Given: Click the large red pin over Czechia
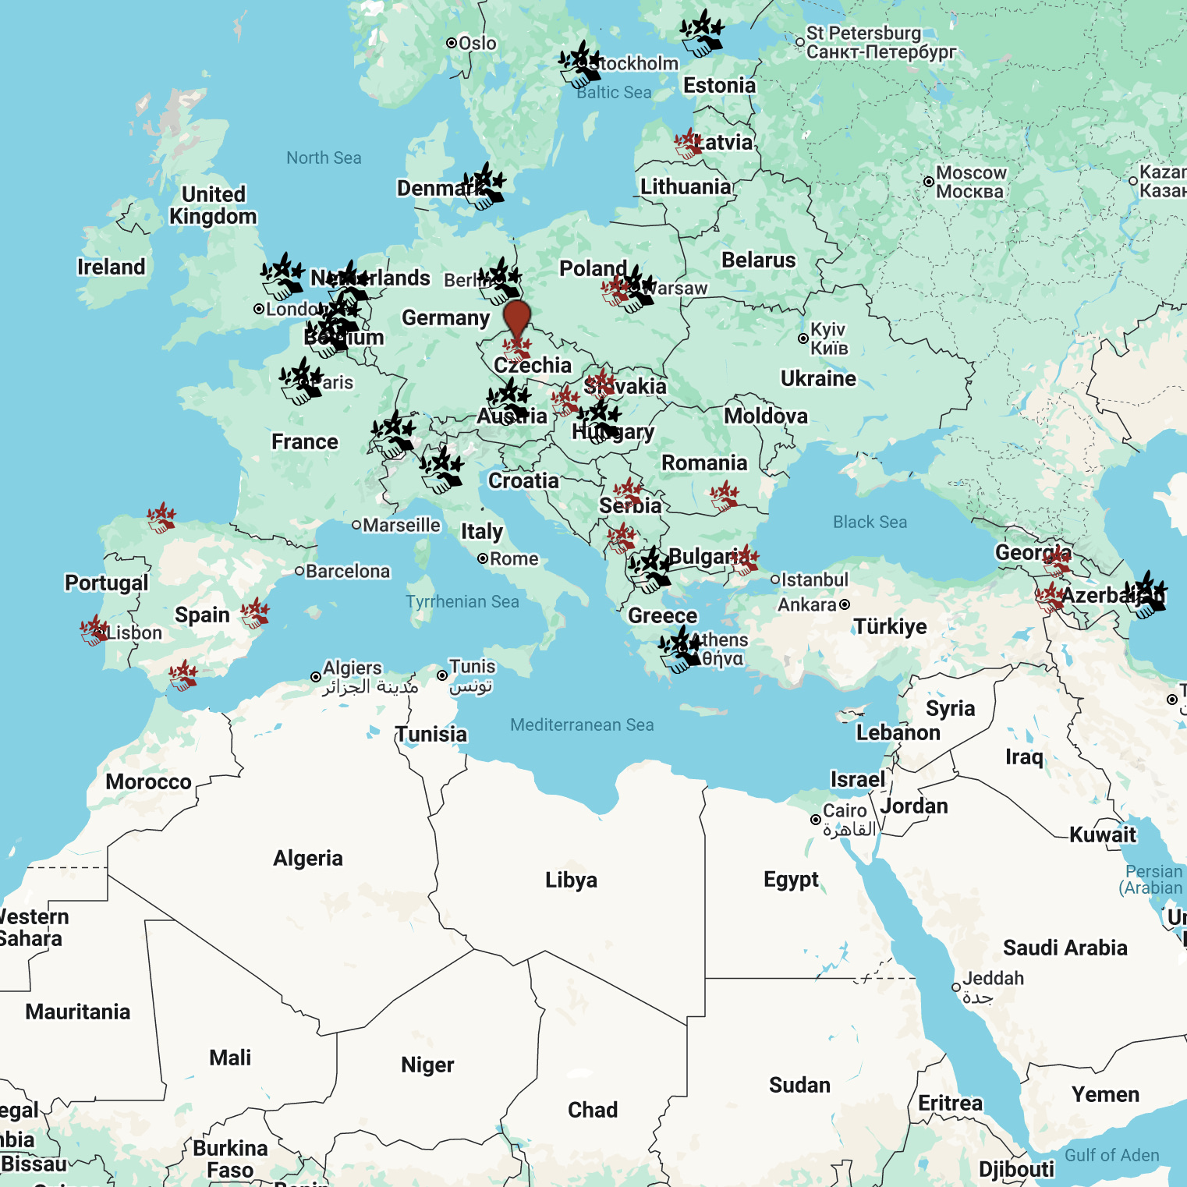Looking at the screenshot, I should (x=516, y=318).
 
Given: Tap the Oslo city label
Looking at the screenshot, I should (x=477, y=43).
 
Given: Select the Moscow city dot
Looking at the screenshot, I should (x=928, y=182).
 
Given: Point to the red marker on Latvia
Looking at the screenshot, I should (x=689, y=144).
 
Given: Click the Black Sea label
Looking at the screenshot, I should (x=870, y=523).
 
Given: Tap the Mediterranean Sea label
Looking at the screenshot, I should (x=582, y=725).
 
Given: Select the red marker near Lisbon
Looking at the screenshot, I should (x=94, y=630).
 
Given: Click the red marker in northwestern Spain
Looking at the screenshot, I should (x=161, y=518).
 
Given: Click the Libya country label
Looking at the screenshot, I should (x=571, y=881).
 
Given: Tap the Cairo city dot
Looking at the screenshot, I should (x=815, y=820).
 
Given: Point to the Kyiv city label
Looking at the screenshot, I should (x=827, y=338).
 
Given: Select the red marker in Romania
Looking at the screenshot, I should (x=725, y=496).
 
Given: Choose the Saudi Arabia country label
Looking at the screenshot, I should (x=1065, y=948).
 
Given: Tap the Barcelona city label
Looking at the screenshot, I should (x=347, y=572).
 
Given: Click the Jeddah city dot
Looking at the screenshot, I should (x=956, y=987).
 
